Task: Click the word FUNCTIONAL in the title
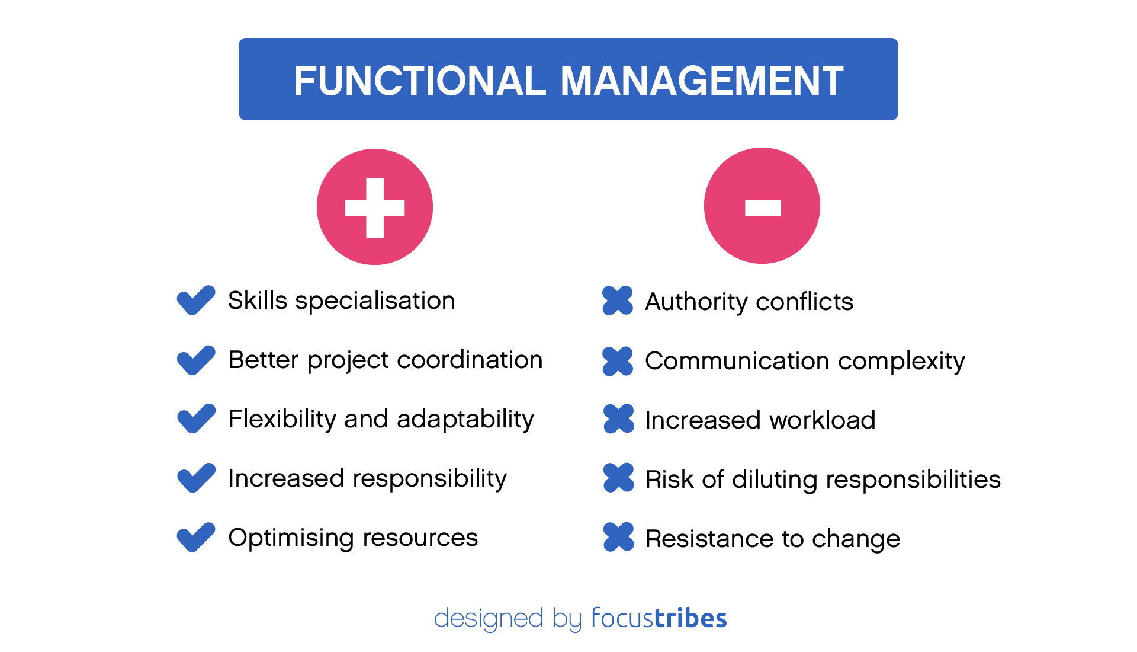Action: click(419, 81)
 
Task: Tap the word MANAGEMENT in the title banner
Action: click(701, 81)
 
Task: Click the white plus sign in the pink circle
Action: click(375, 207)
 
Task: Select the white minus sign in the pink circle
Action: click(763, 207)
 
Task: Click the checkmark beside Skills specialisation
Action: click(195, 301)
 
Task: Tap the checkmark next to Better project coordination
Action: click(195, 360)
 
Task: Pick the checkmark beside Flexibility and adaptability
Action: click(195, 419)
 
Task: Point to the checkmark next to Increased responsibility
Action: click(195, 478)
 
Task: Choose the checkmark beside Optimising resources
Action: click(195, 537)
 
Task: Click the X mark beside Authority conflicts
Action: click(618, 301)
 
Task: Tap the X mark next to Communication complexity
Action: click(618, 361)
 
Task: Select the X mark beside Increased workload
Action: click(618, 419)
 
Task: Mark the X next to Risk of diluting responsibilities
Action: click(618, 478)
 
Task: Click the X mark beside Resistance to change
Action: click(618, 537)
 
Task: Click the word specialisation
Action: click(375, 301)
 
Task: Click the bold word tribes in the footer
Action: click(690, 618)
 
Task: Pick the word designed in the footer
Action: click(489, 619)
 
